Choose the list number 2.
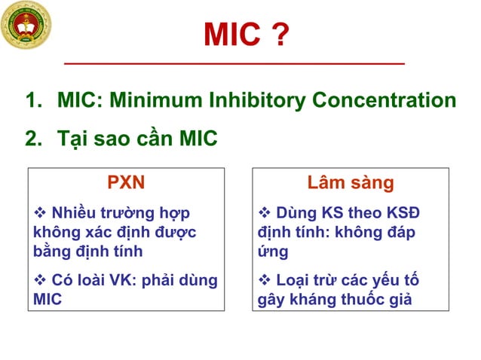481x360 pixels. tap(34, 139)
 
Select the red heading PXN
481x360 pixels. tap(126, 183)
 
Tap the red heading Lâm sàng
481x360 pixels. tap(351, 183)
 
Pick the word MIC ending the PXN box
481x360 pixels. tap(45, 299)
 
